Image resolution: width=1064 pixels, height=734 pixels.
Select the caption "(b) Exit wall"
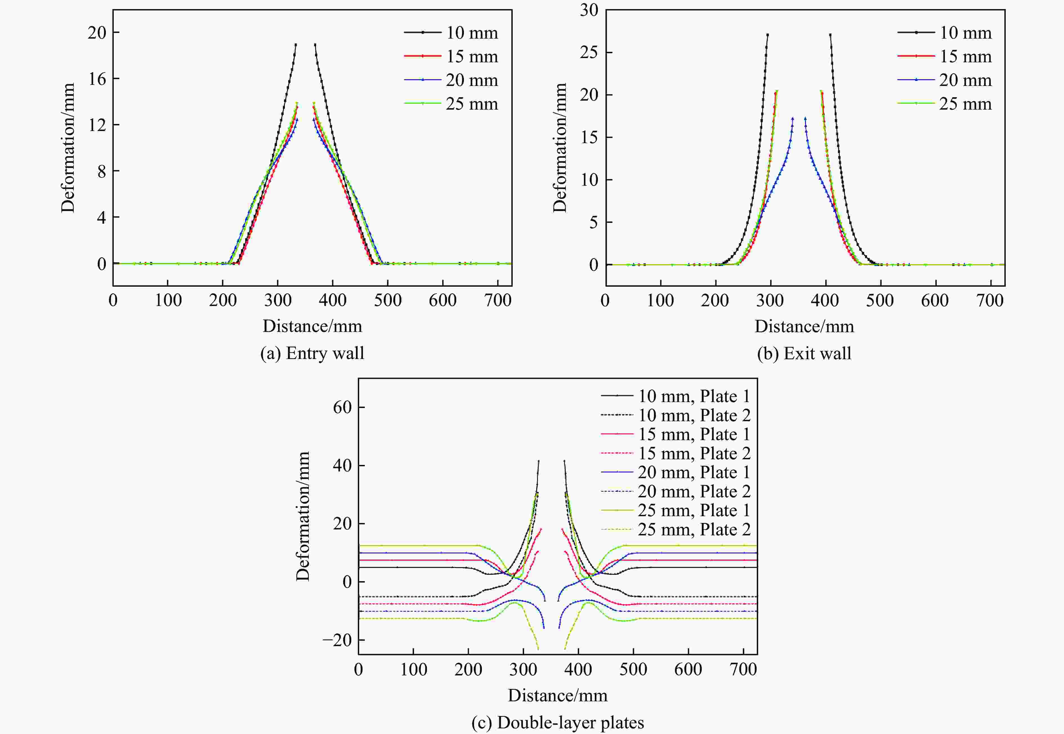[804, 353]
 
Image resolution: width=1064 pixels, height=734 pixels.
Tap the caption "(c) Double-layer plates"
[557, 722]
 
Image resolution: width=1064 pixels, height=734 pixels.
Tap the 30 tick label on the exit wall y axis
[589, 10]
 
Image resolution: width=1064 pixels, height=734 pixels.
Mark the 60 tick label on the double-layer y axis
[342, 407]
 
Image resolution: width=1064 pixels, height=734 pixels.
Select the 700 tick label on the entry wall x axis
[498, 301]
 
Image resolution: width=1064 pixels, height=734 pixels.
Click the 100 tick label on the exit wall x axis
[660, 301]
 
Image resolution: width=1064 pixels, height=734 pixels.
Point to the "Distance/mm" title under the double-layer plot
[557, 695]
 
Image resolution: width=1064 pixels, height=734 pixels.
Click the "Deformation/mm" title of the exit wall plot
[560, 148]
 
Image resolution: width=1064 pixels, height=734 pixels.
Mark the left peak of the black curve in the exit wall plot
[767, 34]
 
